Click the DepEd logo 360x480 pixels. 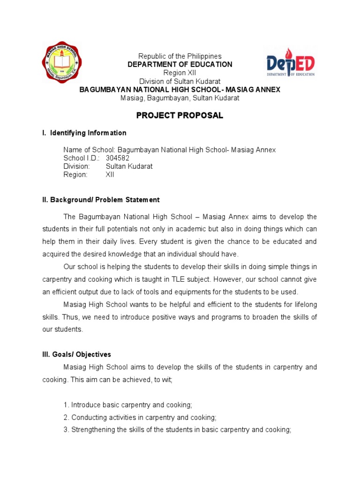291,65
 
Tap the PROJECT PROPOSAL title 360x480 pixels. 180,115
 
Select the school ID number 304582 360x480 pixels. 118,158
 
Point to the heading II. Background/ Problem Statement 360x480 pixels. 101,200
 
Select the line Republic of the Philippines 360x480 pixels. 180,56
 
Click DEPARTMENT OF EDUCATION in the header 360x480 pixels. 180,64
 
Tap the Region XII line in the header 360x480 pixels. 180,73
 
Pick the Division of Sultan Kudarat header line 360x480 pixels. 180,81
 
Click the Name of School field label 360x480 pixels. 86,150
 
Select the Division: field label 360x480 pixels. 76,166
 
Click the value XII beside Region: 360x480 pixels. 110,175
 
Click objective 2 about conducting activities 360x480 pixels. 140,417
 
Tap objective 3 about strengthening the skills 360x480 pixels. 177,429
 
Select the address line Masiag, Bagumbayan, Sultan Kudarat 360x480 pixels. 180,98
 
